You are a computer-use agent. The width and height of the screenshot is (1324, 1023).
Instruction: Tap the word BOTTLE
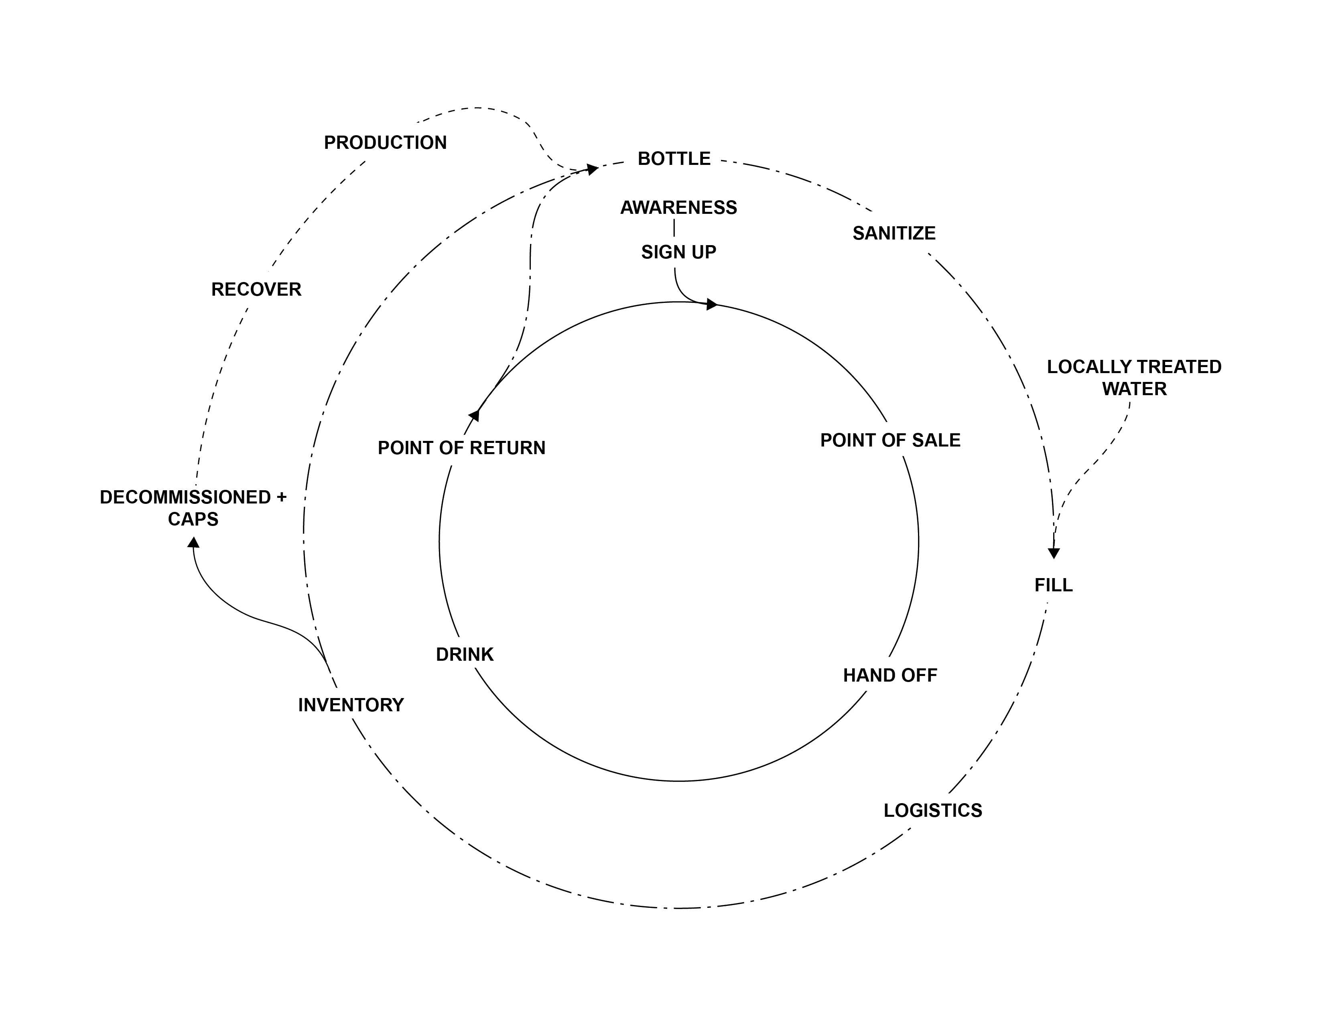(x=674, y=159)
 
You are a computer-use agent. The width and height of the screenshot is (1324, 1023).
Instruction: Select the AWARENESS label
(x=678, y=208)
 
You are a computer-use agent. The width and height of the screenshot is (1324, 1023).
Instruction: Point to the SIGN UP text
(x=678, y=252)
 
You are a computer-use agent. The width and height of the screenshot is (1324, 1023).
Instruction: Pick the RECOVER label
(x=256, y=290)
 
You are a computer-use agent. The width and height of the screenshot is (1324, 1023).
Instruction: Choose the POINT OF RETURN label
(x=461, y=448)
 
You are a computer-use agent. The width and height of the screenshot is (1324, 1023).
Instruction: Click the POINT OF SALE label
(x=890, y=440)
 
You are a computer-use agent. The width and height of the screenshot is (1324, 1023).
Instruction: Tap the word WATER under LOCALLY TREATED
(x=1134, y=389)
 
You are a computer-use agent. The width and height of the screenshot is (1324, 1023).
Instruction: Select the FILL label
(x=1053, y=585)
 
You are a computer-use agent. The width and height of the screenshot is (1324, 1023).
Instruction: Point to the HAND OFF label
(x=889, y=676)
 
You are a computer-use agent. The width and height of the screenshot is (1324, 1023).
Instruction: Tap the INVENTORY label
(x=351, y=705)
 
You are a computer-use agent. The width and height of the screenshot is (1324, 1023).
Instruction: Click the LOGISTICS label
(x=932, y=811)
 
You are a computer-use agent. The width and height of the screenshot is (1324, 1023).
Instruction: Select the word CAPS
(x=193, y=520)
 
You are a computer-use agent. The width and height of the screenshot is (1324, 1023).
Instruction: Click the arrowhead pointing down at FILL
(x=1054, y=553)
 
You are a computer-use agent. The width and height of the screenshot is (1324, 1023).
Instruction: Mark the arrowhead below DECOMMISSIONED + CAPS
(x=193, y=542)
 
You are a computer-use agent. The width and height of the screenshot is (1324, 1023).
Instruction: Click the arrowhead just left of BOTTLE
(x=592, y=169)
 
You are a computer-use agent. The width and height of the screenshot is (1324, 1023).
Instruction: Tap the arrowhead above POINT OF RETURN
(x=475, y=415)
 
